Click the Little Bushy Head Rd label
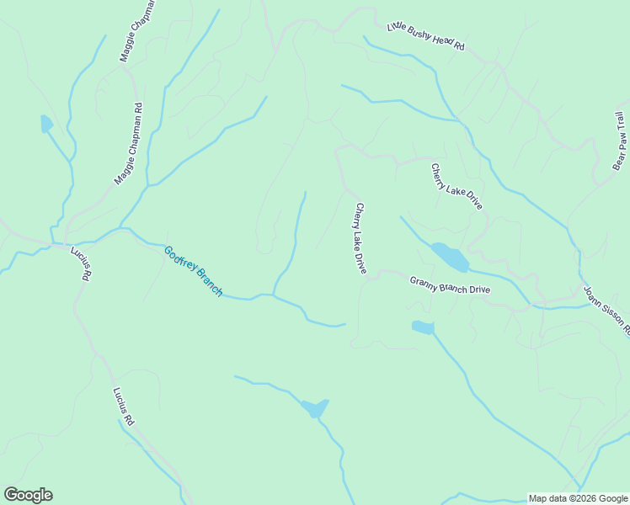point(425,38)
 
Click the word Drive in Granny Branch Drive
point(479,290)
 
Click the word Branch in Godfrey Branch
point(208,284)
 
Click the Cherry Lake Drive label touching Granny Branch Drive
point(360,238)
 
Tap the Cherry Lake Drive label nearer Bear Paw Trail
point(456,186)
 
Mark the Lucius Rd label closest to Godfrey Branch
point(82,263)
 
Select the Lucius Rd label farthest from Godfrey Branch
point(123,406)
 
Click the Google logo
point(28,495)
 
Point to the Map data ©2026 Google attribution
point(579,498)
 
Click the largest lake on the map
point(449,257)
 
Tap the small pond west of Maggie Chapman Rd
point(46,125)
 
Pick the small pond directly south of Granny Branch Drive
point(422,327)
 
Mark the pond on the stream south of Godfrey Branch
point(315,408)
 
